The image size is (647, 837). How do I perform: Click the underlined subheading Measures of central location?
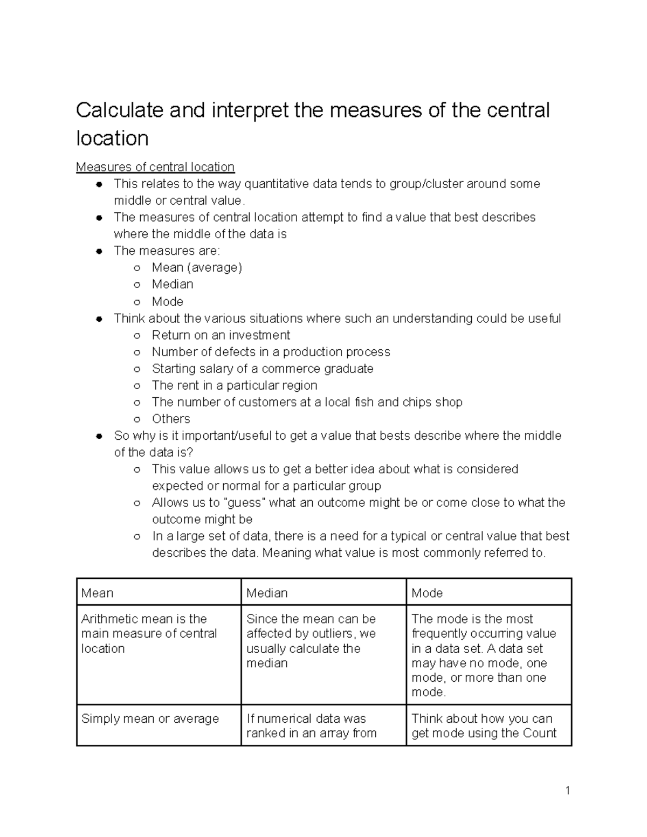(155, 167)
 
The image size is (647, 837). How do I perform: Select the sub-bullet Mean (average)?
(197, 267)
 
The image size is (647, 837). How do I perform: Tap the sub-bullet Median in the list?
(172, 284)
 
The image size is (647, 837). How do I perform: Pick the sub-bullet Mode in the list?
(167, 301)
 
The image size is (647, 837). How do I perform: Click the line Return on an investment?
(221, 335)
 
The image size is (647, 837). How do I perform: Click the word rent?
(188, 385)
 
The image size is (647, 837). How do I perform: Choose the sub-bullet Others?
(171, 419)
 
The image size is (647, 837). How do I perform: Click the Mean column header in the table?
(97, 593)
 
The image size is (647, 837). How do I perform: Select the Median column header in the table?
(267, 593)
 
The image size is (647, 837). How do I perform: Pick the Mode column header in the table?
(427, 593)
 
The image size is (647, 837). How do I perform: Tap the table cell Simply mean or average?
(150, 719)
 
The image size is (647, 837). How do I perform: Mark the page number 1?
(567, 791)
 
